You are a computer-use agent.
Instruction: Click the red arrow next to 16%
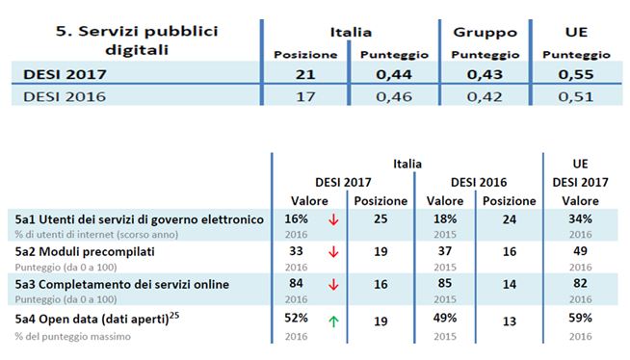333,220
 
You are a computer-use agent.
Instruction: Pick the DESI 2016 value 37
445,252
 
